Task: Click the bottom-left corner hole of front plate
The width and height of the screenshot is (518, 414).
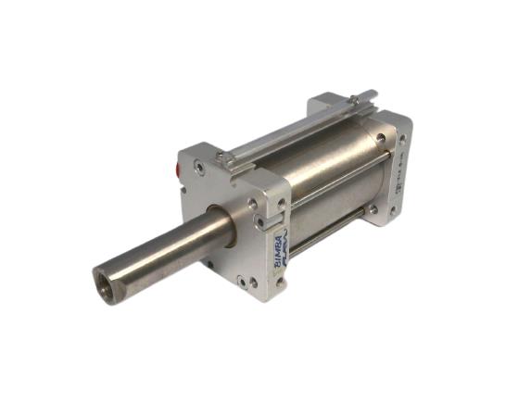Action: [244, 281]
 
